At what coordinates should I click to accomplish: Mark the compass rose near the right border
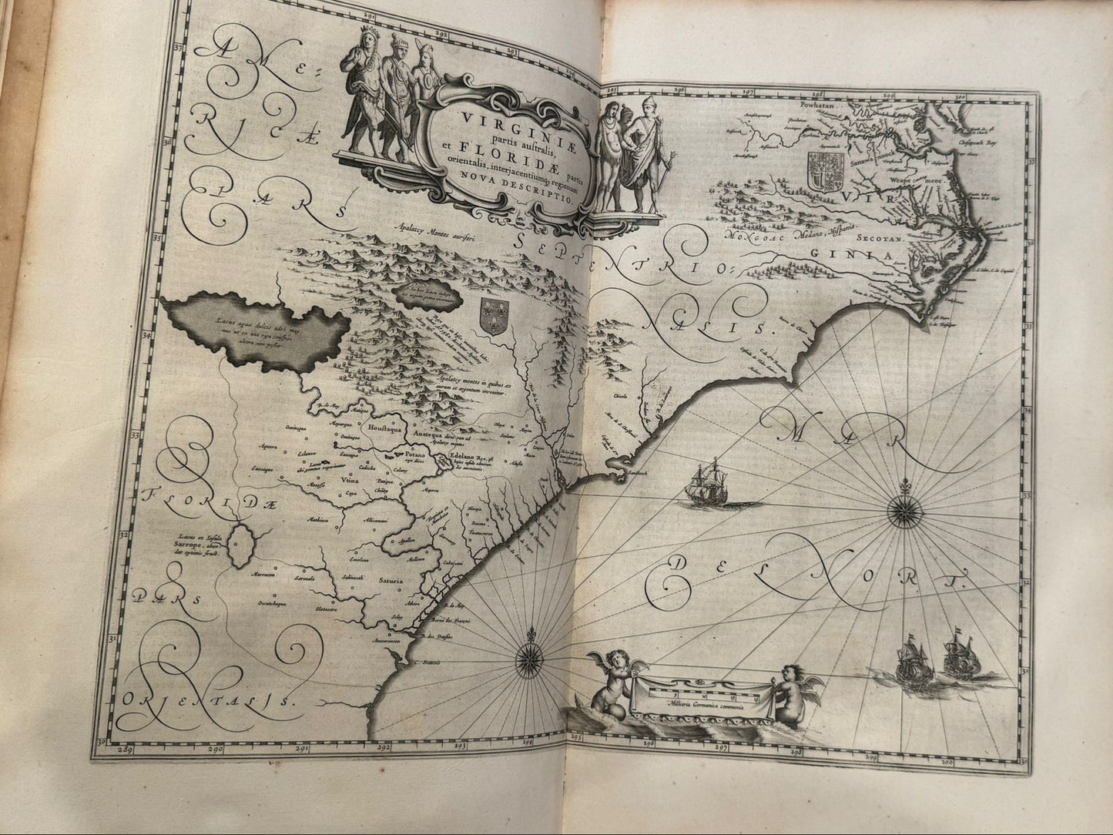(903, 508)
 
